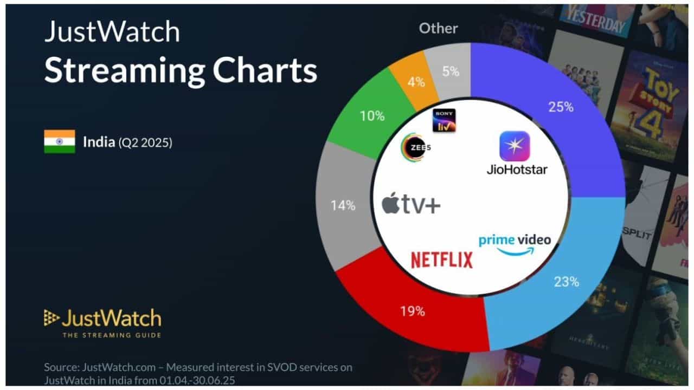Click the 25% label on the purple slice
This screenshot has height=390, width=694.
tap(561, 107)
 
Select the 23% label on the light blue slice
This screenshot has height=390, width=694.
tap(567, 282)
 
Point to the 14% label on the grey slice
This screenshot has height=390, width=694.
tap(343, 206)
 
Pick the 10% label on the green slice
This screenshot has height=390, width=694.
tap(372, 116)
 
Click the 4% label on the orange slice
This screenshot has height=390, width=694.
tap(416, 83)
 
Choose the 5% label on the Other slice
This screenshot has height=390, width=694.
tap(449, 71)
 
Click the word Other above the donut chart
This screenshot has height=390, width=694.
tap(438, 28)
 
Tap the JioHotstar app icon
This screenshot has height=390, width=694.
tap(515, 146)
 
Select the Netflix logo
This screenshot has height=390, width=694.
tap(441, 260)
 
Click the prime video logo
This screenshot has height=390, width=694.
tap(515, 244)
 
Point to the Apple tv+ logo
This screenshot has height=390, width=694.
tap(411, 205)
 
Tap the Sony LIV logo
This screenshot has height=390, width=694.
tap(444, 120)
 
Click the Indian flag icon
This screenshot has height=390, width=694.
tap(59, 142)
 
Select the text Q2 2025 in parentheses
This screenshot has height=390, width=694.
tap(145, 143)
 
